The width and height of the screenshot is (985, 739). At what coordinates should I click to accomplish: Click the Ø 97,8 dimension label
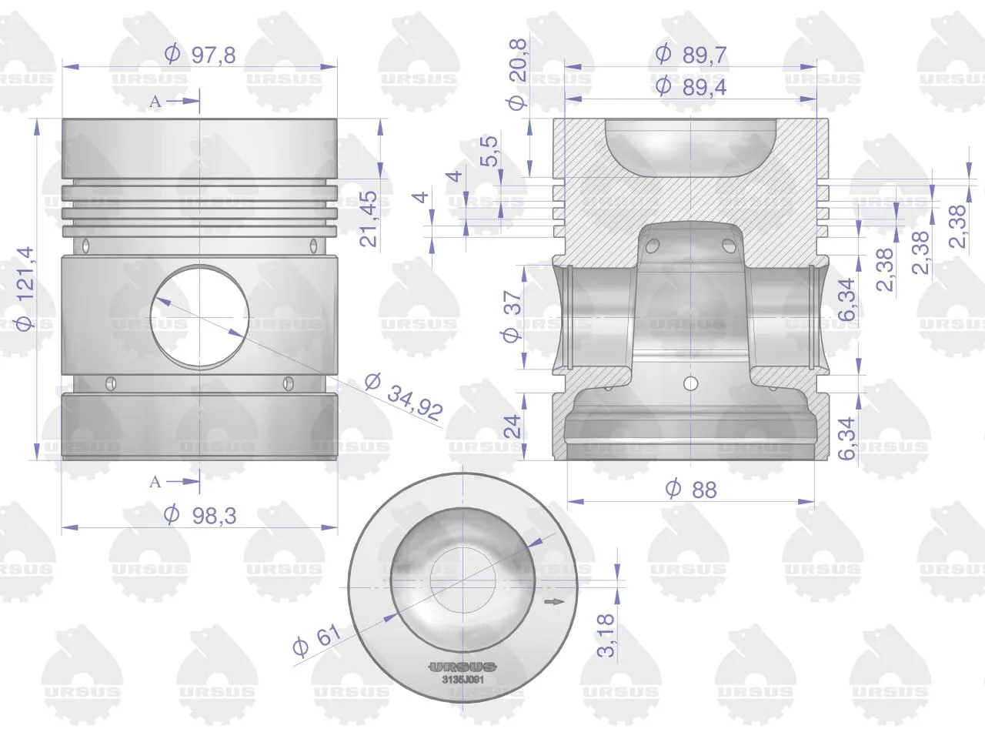[200, 55]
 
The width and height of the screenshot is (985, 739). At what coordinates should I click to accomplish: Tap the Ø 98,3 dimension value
[200, 515]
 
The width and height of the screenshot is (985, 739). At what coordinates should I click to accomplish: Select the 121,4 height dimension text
[25, 289]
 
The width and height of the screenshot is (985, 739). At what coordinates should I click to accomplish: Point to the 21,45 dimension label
[369, 219]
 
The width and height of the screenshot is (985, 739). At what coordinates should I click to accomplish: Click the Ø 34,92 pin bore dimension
[404, 396]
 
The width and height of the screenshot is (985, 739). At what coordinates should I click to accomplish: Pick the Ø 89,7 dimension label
[690, 55]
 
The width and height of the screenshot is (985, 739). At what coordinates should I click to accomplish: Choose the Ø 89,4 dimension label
[690, 86]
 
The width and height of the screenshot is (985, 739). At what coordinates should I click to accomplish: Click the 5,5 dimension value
[489, 151]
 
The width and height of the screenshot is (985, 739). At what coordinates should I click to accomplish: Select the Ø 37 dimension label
[512, 316]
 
